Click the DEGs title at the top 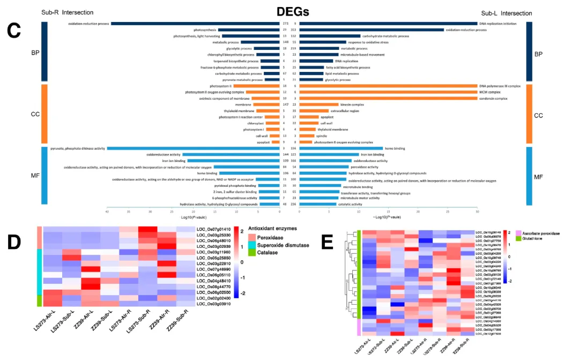[293, 12]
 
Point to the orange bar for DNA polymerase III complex [388, 86]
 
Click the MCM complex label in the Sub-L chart [490, 92]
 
